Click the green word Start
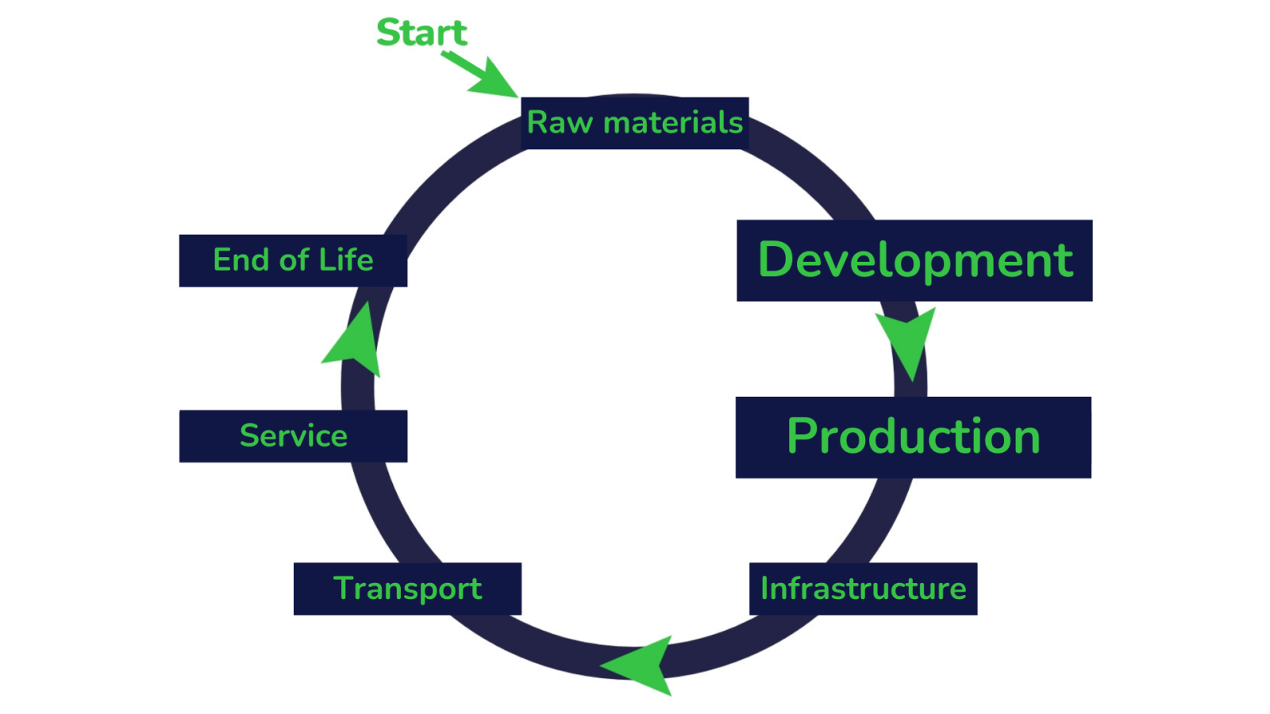pyautogui.click(x=421, y=33)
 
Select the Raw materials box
pyautogui.click(x=634, y=123)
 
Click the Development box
pyautogui.click(x=914, y=260)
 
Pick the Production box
pyautogui.click(x=913, y=437)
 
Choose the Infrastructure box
pyautogui.click(x=863, y=589)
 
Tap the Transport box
pyautogui.click(x=407, y=589)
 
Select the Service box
pyautogui.click(x=293, y=436)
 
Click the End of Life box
pyautogui.click(x=293, y=260)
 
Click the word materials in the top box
pyautogui.click(x=673, y=123)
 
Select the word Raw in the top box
pyautogui.click(x=560, y=123)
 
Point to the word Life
pyautogui.click(x=346, y=260)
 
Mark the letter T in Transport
pyautogui.click(x=343, y=589)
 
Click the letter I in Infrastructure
pyautogui.click(x=765, y=589)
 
